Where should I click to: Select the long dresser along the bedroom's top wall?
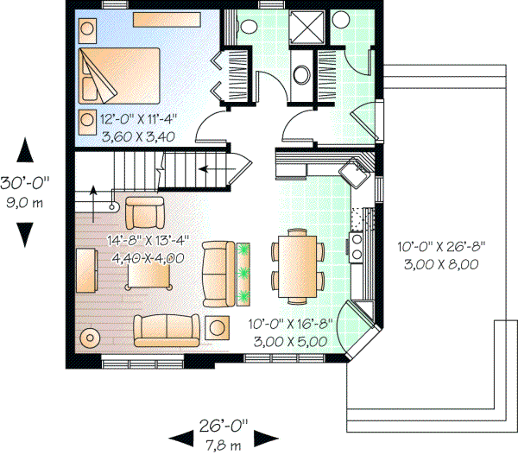click(166, 17)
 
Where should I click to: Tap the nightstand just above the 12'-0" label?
click(88, 119)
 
